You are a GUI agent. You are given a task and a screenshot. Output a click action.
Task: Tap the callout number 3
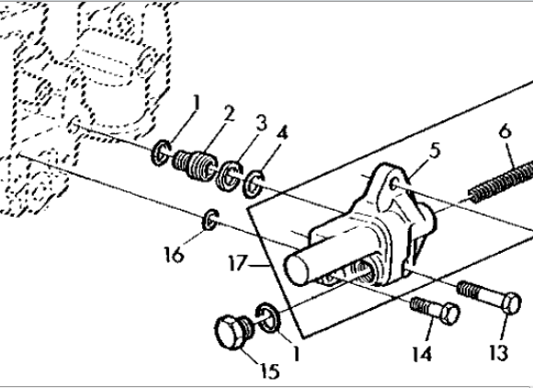[261, 123]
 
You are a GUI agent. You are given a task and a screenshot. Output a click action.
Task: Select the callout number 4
[282, 133]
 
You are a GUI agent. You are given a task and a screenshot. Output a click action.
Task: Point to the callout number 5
[435, 151]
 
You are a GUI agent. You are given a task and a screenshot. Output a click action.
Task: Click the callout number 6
[505, 131]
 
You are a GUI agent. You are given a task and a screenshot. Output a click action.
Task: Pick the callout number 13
[499, 351]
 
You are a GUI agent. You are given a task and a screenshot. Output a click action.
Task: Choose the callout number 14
[422, 354]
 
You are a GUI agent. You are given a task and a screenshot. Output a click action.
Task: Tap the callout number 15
[270, 371]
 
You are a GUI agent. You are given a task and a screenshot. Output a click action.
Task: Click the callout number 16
[174, 255]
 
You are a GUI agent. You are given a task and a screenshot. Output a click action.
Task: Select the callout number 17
[238, 263]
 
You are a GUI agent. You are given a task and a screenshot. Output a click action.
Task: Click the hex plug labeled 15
[233, 331]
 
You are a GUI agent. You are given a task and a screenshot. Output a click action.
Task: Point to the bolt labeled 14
[436, 310]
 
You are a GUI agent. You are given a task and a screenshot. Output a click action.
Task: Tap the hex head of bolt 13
[511, 302]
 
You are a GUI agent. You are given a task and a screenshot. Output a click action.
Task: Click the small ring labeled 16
[210, 220]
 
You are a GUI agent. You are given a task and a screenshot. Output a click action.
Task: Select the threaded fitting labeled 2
[195, 165]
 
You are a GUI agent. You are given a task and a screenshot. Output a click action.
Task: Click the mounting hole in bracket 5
[394, 184]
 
